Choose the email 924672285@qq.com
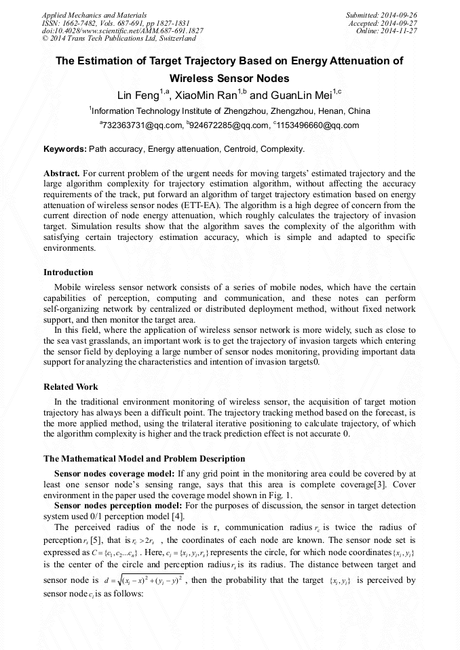click(229, 125)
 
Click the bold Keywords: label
click(65, 148)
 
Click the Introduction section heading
click(68, 272)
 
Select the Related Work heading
click(71, 387)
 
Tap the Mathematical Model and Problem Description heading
click(144, 459)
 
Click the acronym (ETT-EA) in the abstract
click(239, 205)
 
